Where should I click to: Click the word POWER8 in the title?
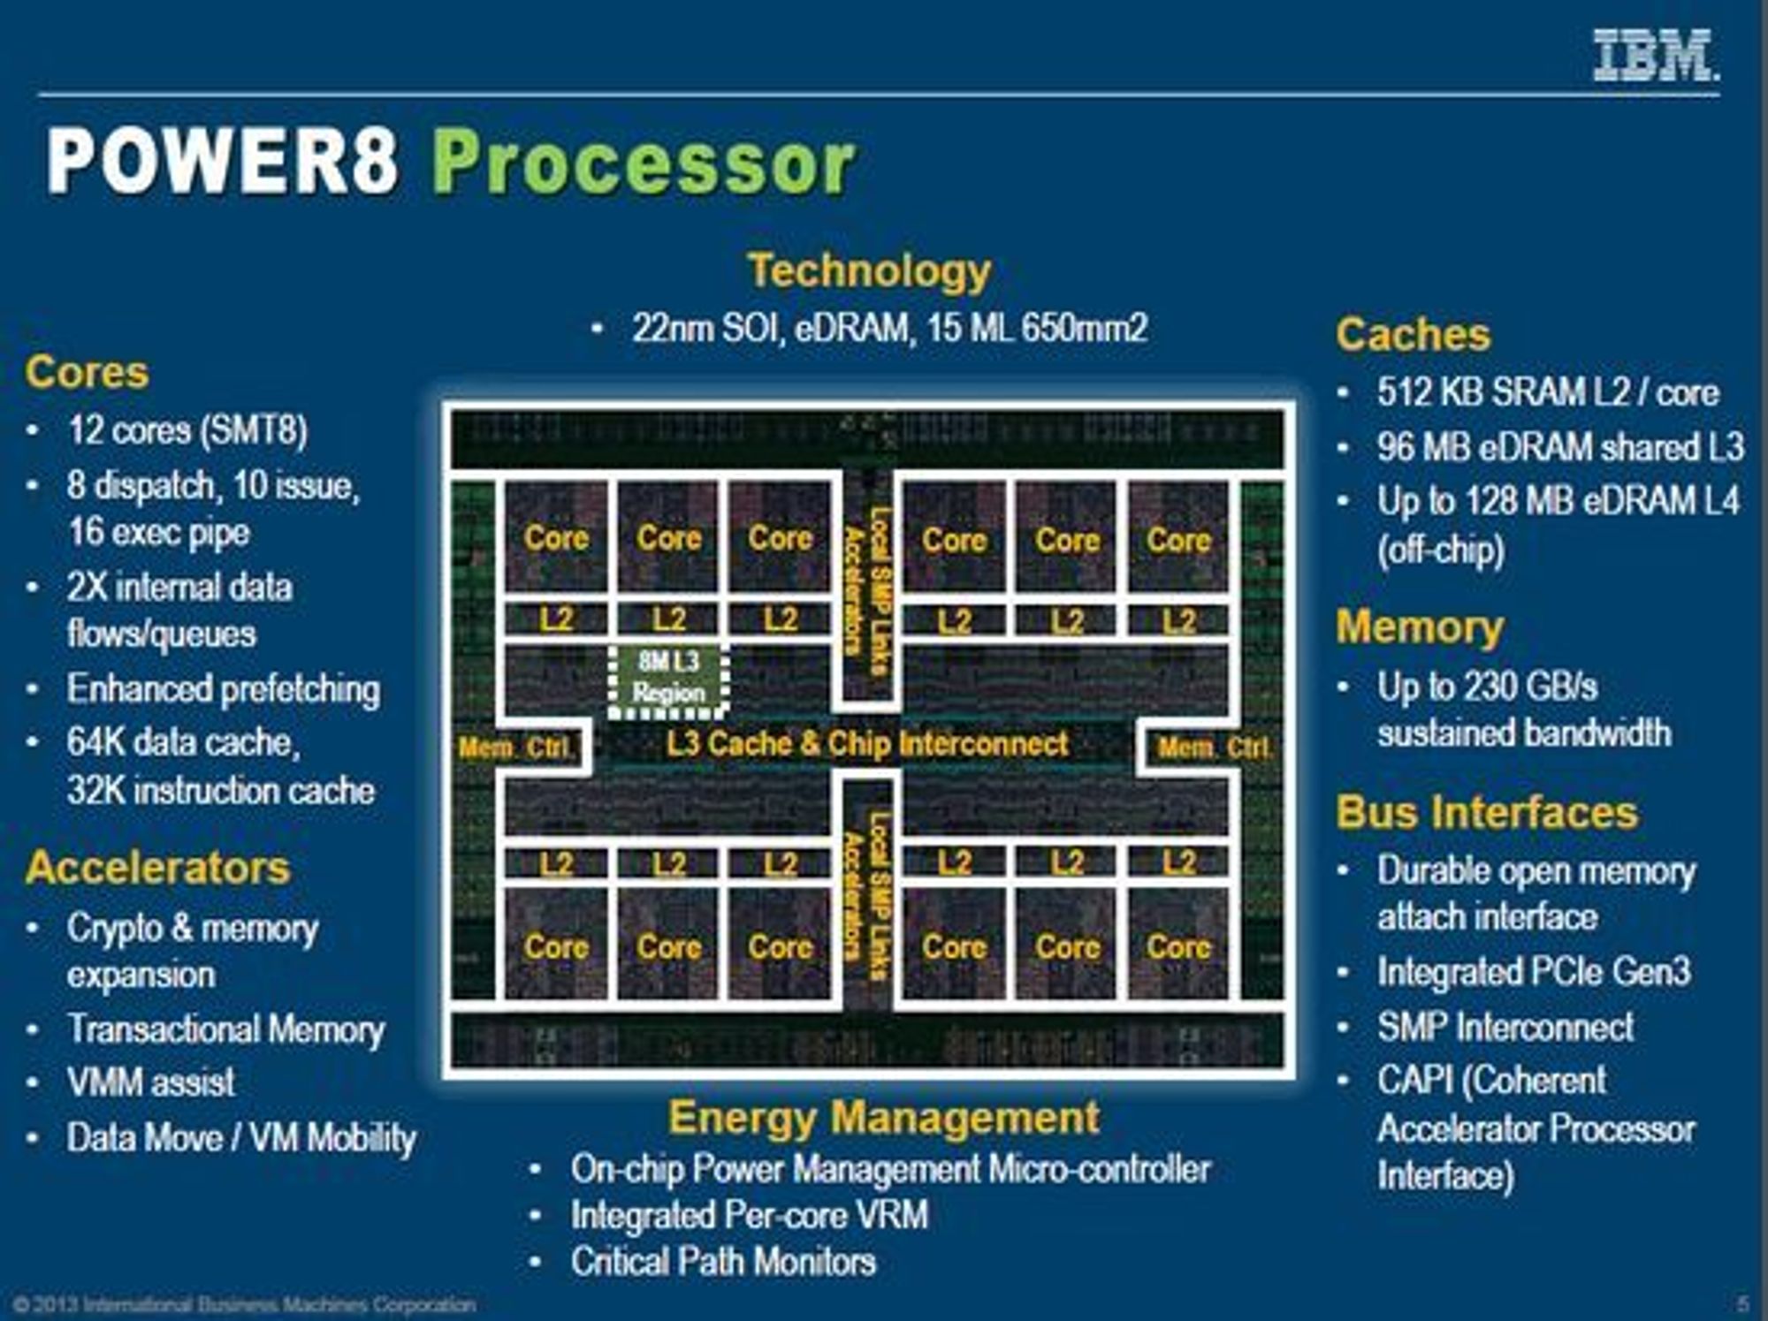[223, 161]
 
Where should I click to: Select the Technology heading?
[869, 270]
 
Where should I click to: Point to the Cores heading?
[87, 372]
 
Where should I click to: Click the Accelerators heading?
[158, 867]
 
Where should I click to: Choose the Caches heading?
[1414, 335]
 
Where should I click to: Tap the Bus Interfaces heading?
[1487, 812]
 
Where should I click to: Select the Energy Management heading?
[884, 1118]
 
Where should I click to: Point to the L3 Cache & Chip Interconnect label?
[867, 744]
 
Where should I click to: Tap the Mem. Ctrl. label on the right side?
[1215, 748]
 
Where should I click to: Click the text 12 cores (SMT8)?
[187, 431]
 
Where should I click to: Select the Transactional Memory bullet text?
[226, 1029]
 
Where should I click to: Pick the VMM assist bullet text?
[151, 1082]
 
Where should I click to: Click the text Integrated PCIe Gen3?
[1534, 972]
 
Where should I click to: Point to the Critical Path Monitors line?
[723, 1262]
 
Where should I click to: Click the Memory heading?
[1420, 627]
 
